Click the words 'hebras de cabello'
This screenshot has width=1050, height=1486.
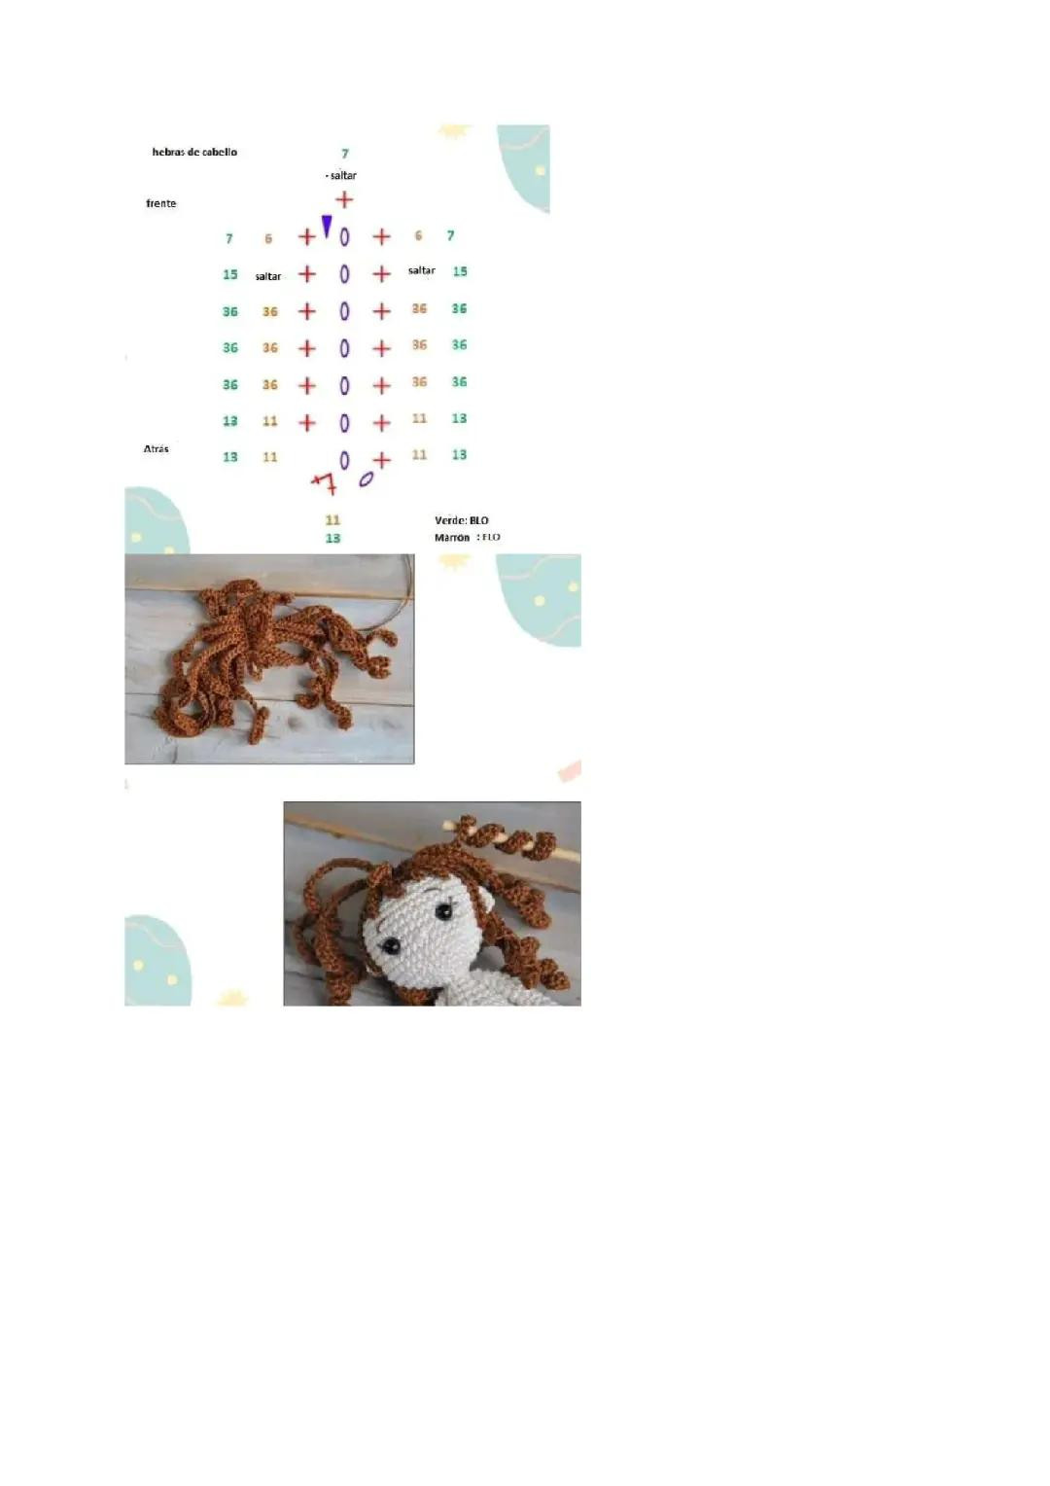[x=194, y=152]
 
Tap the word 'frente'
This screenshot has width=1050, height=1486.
[x=161, y=203]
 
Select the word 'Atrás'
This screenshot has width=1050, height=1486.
[x=156, y=448]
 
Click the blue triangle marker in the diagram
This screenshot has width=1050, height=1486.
[x=327, y=227]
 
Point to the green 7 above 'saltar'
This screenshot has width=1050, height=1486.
[x=344, y=154]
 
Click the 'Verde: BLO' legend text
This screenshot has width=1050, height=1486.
[x=461, y=520]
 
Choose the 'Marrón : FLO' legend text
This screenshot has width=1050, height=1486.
[x=467, y=537]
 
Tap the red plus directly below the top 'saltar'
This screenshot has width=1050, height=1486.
[x=344, y=199]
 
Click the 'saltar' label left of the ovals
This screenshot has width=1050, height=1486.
[x=267, y=276]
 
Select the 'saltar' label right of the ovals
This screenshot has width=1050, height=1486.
[x=421, y=270]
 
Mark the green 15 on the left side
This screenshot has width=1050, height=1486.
[x=229, y=274]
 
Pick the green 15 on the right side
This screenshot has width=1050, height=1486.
[x=459, y=271]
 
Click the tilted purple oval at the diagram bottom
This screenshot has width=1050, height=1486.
[x=366, y=478]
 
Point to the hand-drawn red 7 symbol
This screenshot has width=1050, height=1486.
[x=325, y=481]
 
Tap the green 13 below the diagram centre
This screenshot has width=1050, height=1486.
[x=332, y=538]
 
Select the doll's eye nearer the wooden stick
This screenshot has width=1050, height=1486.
[x=444, y=911]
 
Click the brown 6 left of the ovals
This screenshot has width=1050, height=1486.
[x=268, y=238]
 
